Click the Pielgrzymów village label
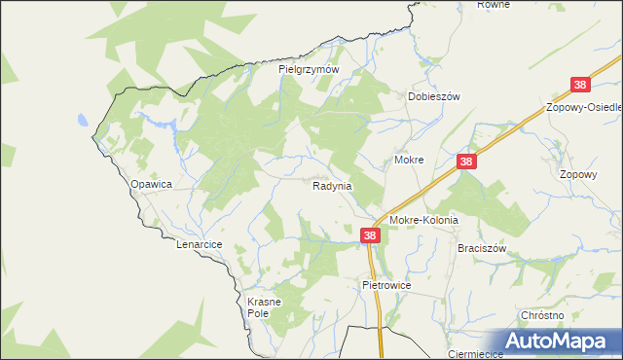(x=308, y=69)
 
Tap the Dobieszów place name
(x=432, y=96)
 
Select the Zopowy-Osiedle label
(x=584, y=106)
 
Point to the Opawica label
(x=151, y=183)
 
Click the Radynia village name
(x=332, y=185)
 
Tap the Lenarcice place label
(x=201, y=244)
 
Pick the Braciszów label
(x=483, y=248)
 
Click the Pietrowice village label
(x=387, y=286)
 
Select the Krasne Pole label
(x=263, y=307)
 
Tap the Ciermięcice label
(x=474, y=354)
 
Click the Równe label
(x=494, y=5)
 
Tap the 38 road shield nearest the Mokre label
(x=467, y=162)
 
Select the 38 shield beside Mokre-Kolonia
(x=370, y=235)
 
